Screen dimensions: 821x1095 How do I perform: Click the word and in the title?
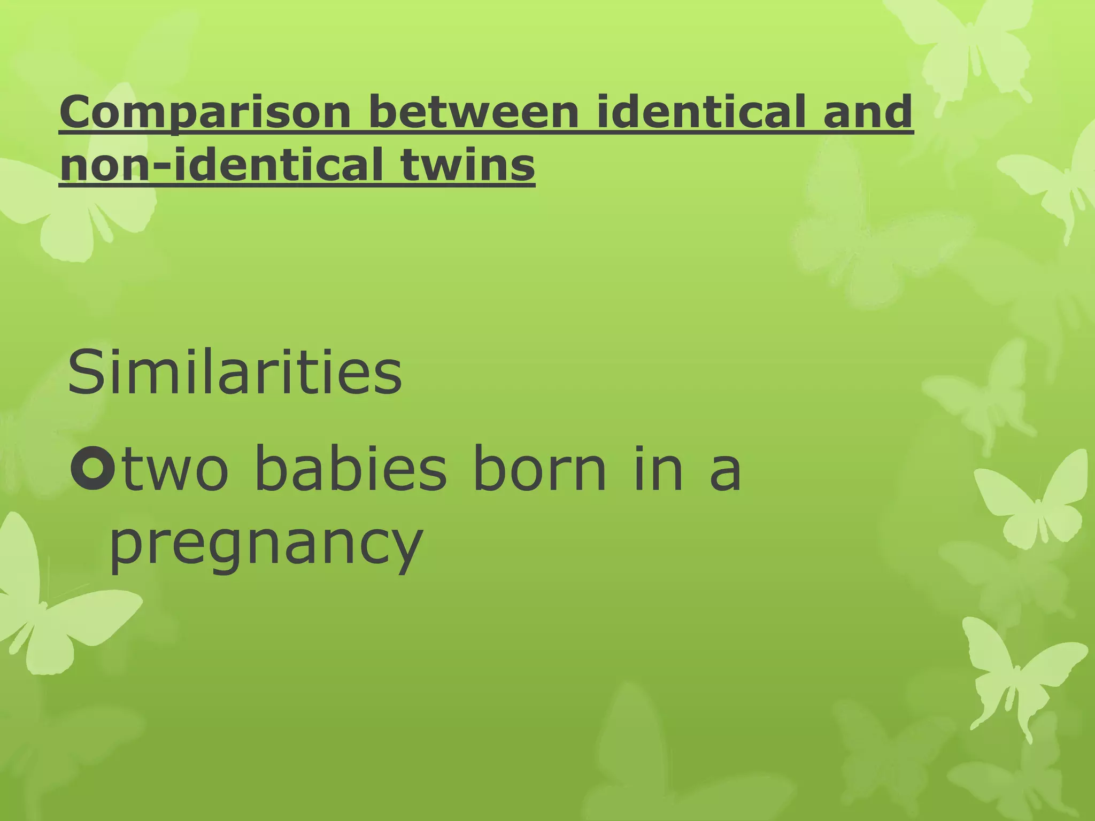coord(867,111)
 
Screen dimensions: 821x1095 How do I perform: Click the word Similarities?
coord(235,371)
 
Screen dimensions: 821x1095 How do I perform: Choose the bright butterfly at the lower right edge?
coord(1016,673)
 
